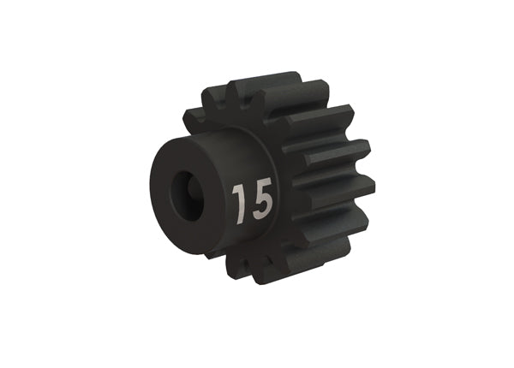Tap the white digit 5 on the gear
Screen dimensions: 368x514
coord(261,200)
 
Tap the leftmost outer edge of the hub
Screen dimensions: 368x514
coord(152,193)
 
